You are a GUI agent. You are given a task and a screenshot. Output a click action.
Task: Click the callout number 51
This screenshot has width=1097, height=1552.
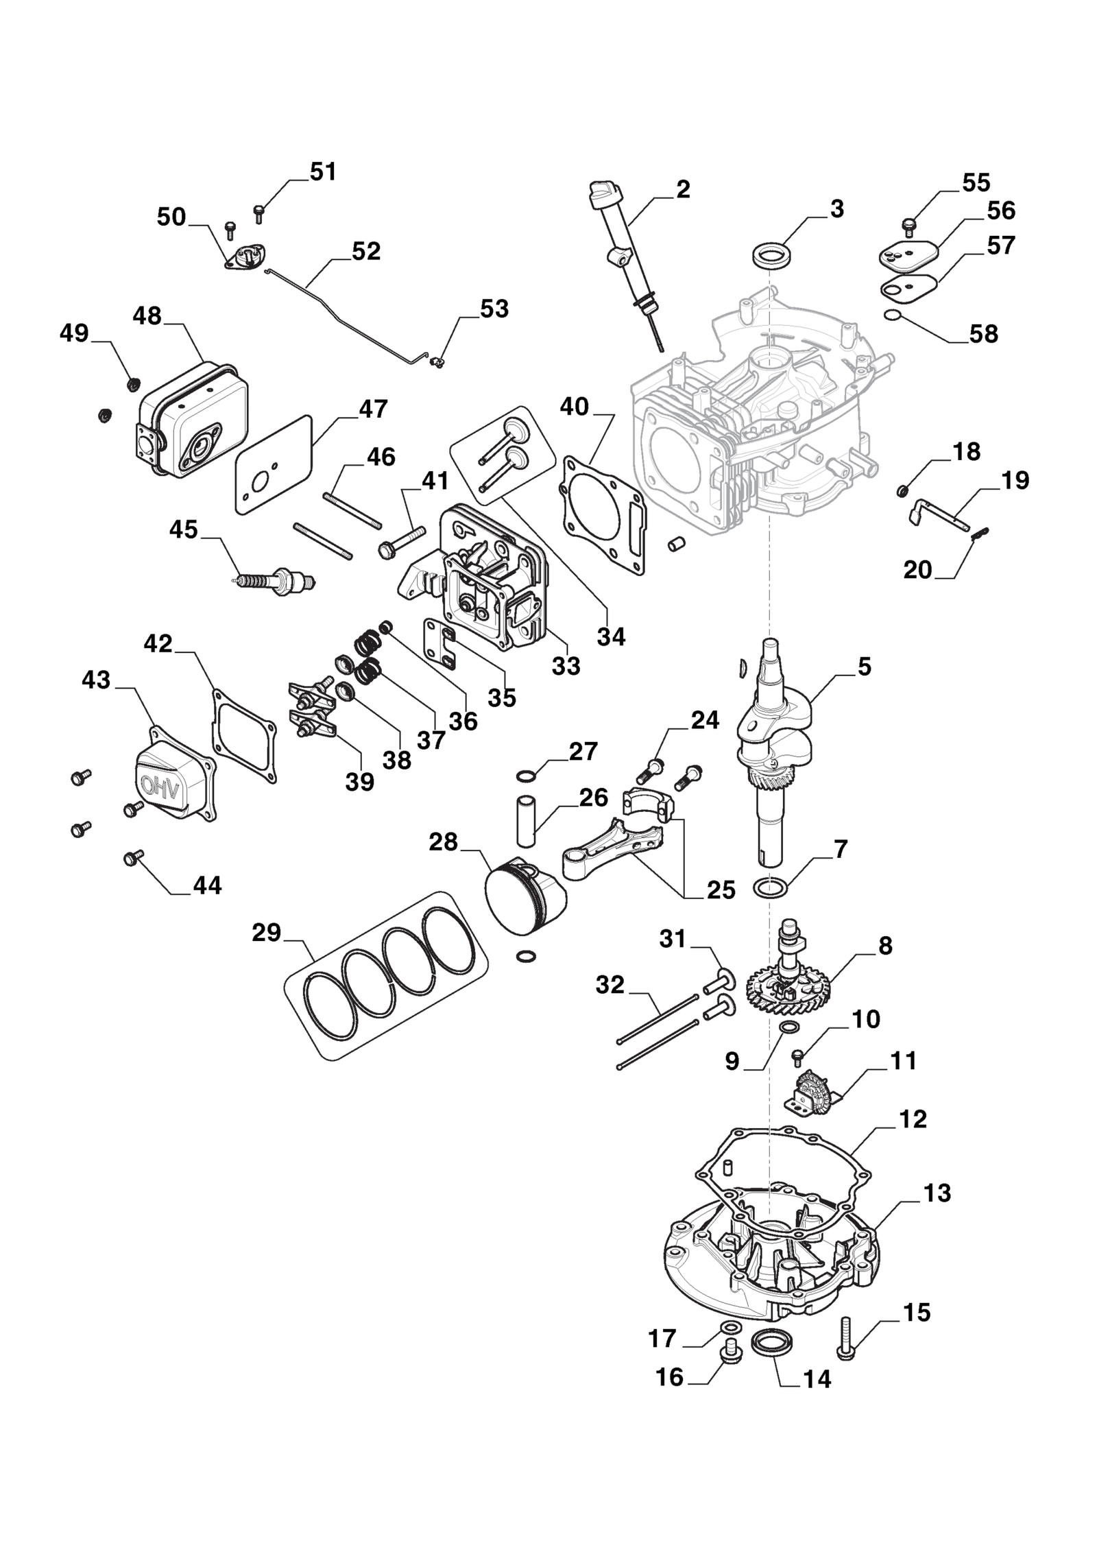click(323, 171)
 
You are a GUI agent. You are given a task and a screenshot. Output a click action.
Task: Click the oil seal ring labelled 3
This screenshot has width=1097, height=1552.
click(770, 255)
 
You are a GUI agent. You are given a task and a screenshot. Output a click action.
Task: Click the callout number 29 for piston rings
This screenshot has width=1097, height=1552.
click(266, 932)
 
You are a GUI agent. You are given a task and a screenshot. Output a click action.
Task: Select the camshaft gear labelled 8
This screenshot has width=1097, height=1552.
click(788, 988)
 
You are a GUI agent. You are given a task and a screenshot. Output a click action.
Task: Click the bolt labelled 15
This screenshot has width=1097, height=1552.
click(845, 1335)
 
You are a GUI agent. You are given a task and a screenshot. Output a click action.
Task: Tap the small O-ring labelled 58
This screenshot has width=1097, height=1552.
click(891, 315)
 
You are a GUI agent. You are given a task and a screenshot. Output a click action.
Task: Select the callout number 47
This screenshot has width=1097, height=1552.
click(374, 409)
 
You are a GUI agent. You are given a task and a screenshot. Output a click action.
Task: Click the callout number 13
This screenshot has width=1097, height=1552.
click(937, 1193)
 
